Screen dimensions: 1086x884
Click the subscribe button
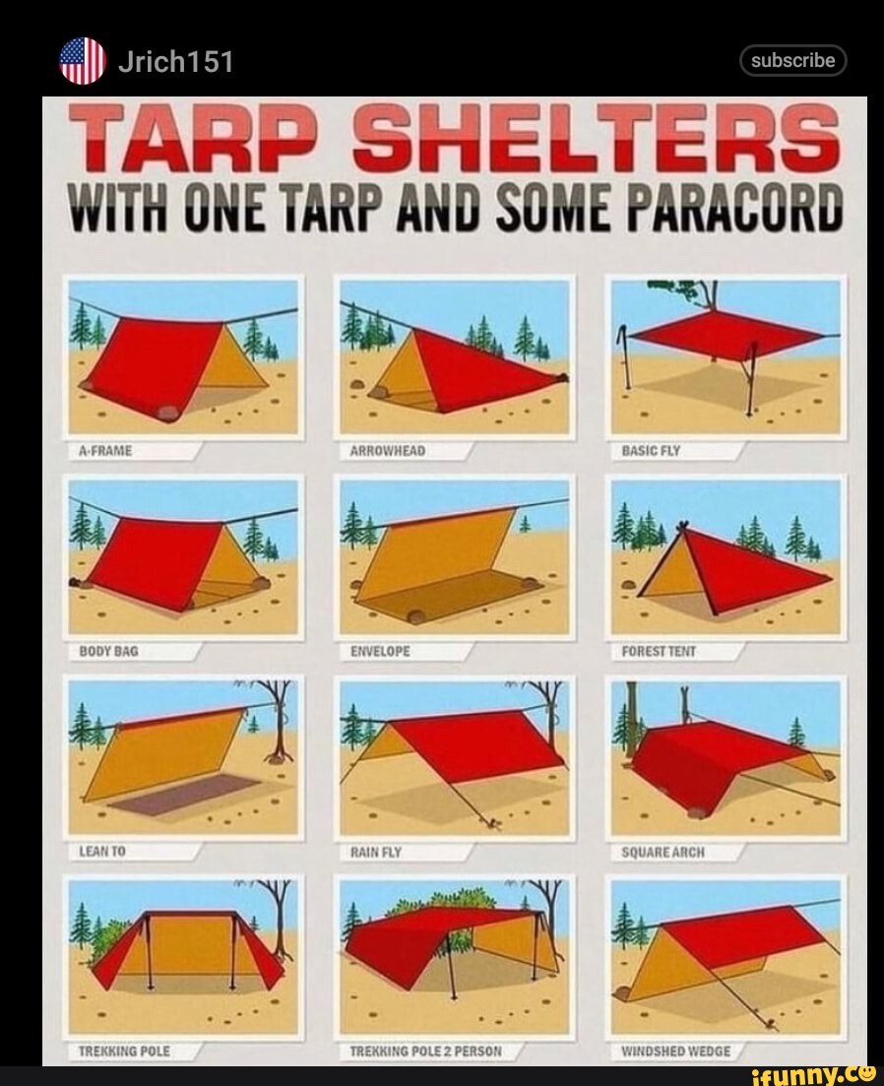coord(792,61)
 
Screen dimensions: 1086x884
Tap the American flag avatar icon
coord(83,61)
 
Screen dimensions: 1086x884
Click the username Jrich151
coord(174,62)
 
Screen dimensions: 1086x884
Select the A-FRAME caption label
coord(105,451)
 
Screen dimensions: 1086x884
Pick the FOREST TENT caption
coord(659,651)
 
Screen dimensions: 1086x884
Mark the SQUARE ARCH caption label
coord(663,852)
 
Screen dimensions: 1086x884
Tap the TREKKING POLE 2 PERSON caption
coord(425,1051)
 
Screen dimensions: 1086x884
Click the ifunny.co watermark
coord(812,1072)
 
